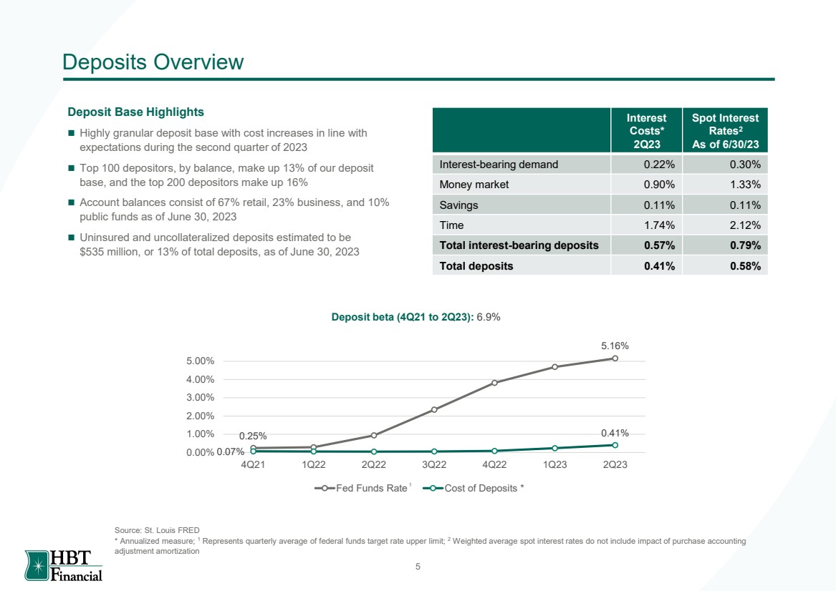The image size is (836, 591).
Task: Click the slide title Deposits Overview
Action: coord(153,62)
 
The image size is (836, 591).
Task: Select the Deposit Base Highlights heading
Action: coord(135,112)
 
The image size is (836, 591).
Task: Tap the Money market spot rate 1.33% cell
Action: coord(725,185)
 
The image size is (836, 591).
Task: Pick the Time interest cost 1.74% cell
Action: coord(646,225)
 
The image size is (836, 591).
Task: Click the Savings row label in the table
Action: coord(458,205)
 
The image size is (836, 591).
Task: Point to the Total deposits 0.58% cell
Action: coord(725,265)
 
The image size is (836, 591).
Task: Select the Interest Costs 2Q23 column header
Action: coord(646,131)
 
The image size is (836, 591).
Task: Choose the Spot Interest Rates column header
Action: coord(725,131)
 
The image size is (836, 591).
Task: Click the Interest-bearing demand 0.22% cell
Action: coord(646,165)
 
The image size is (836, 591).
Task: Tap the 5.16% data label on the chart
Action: coord(615,346)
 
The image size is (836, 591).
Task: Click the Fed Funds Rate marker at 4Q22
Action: coord(495,382)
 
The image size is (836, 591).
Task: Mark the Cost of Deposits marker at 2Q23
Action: coord(615,445)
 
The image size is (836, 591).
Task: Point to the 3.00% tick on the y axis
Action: coord(200,398)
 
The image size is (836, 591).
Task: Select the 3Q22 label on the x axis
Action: coord(434,464)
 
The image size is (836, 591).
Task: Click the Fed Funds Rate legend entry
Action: coord(362,488)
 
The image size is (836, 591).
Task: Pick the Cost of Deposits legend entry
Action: coord(474,488)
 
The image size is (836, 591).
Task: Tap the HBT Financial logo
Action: coord(64,565)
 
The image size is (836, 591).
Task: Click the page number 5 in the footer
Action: coord(418,567)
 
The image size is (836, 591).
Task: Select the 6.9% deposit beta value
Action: coord(489,317)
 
